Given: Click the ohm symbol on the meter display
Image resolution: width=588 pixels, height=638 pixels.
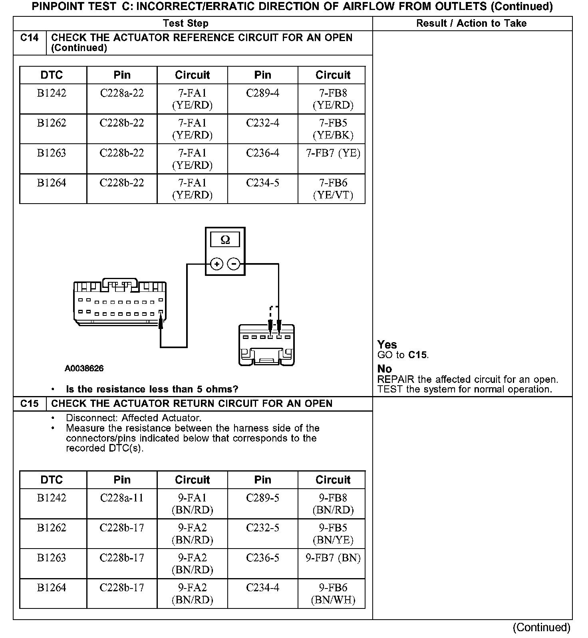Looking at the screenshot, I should tap(225, 240).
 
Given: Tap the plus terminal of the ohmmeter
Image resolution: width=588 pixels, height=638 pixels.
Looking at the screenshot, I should tap(217, 264).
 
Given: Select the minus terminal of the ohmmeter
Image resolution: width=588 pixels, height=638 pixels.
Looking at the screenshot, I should tap(234, 264).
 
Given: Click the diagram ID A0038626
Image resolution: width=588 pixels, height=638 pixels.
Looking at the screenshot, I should tap(84, 369).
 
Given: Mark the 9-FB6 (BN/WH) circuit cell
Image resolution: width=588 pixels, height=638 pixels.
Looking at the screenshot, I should tap(333, 594).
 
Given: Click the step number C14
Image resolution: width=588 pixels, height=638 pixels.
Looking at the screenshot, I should tap(30, 38).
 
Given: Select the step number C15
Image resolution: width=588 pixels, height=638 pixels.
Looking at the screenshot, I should tap(30, 404).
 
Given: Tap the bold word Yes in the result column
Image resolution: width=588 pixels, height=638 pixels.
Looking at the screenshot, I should tap(387, 345).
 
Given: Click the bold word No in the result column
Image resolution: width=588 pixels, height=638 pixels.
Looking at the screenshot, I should tap(384, 369).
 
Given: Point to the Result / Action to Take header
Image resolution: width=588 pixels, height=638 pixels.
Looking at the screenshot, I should tap(471, 24).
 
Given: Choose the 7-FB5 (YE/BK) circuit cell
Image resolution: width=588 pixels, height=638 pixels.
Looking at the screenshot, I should tap(333, 129).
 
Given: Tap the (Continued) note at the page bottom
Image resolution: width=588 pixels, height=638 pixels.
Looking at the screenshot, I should tap(541, 628).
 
